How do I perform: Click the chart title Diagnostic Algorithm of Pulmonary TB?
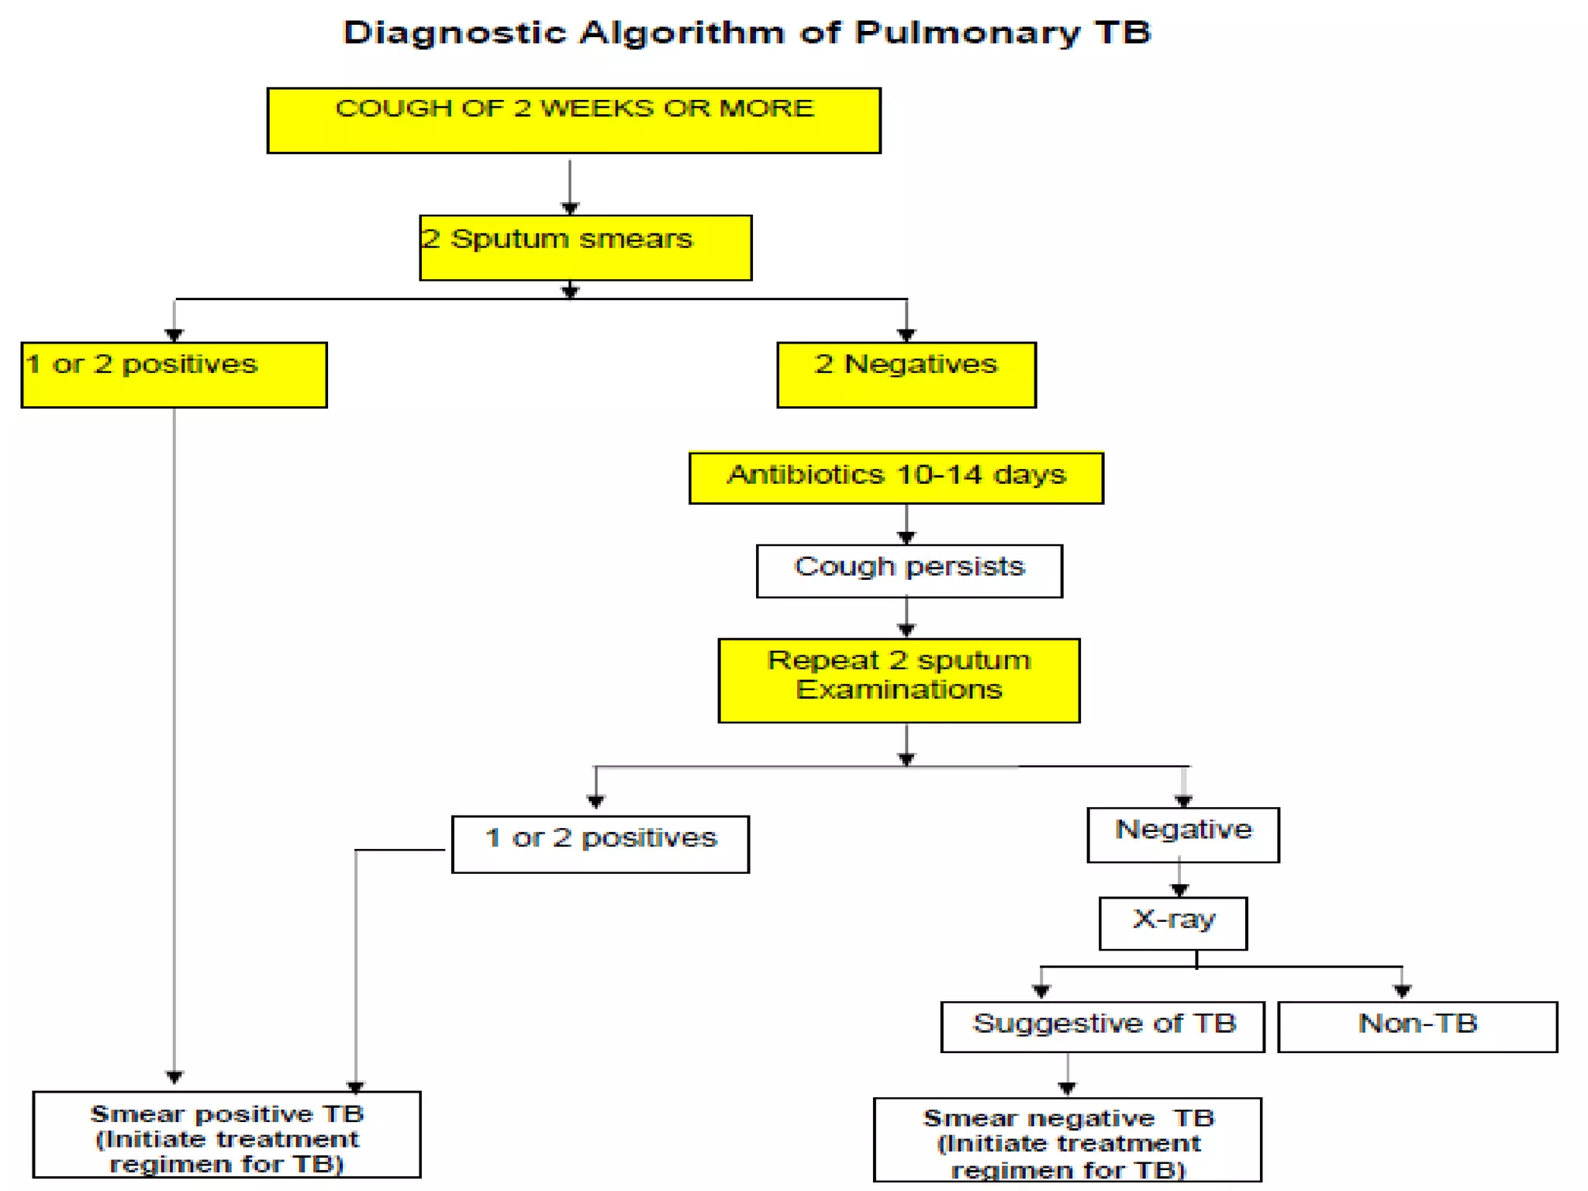[747, 33]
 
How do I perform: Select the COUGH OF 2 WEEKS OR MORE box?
[574, 120]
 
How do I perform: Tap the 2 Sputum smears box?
[585, 247]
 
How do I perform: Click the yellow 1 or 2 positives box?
[174, 375]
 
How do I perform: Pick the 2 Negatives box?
[906, 375]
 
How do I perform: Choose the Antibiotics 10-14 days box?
[896, 478]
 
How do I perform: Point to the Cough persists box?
[909, 571]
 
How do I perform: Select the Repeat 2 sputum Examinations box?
[899, 680]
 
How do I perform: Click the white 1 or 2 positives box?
[600, 844]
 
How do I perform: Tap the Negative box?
[1182, 834]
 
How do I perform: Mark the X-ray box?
[1172, 923]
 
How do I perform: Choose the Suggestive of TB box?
[1102, 1026]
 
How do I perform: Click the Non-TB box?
[1417, 1026]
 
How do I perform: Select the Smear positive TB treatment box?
[226, 1134]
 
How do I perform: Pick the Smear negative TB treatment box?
[1067, 1139]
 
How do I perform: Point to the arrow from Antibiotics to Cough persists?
[906, 524]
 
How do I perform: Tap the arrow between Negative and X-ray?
[1179, 879]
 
